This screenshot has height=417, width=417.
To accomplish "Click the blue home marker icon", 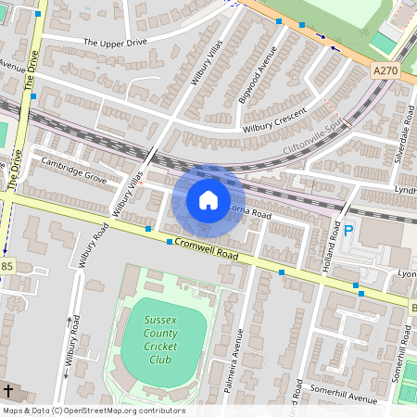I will (208, 200).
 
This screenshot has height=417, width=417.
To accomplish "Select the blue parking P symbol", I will (349, 232).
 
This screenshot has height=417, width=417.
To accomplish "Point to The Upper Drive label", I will (116, 42).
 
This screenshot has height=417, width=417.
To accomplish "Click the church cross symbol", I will (8, 390).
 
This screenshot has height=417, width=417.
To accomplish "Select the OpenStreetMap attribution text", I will (93, 411).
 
